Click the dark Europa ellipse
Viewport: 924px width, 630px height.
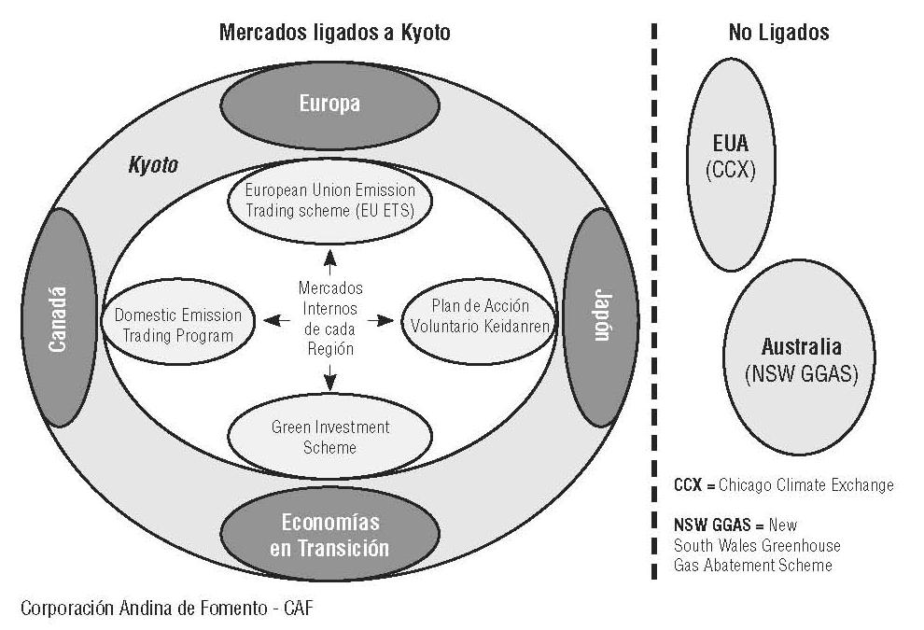pyautogui.click(x=329, y=105)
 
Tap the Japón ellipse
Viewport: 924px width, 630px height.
pyautogui.click(x=599, y=317)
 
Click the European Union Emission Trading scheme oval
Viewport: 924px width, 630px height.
pyautogui.click(x=329, y=200)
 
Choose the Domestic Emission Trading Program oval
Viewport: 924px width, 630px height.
pyautogui.click(x=177, y=325)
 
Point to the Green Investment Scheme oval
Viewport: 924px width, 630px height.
pyautogui.click(x=329, y=437)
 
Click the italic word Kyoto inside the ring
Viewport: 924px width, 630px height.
pyautogui.click(x=152, y=165)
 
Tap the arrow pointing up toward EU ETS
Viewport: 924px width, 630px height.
pyautogui.click(x=329, y=259)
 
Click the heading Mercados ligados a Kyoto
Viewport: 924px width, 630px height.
pyautogui.click(x=334, y=33)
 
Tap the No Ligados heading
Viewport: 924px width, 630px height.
pyautogui.click(x=778, y=33)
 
